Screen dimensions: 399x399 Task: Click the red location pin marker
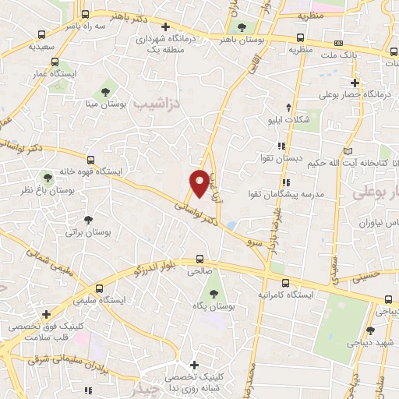(200, 183)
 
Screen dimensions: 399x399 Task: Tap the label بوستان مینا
(105, 103)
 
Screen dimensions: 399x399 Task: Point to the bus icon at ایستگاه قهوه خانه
(91, 159)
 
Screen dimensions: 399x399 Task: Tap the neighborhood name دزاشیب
(156, 103)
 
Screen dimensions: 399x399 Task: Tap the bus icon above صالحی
(199, 259)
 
